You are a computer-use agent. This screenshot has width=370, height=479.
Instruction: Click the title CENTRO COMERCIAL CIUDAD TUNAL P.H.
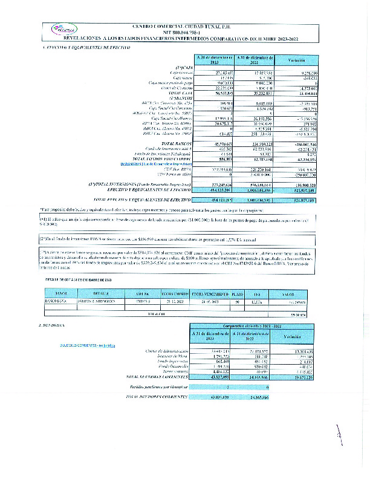point(184,27)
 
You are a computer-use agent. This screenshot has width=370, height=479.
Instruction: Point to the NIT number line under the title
point(184,32)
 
